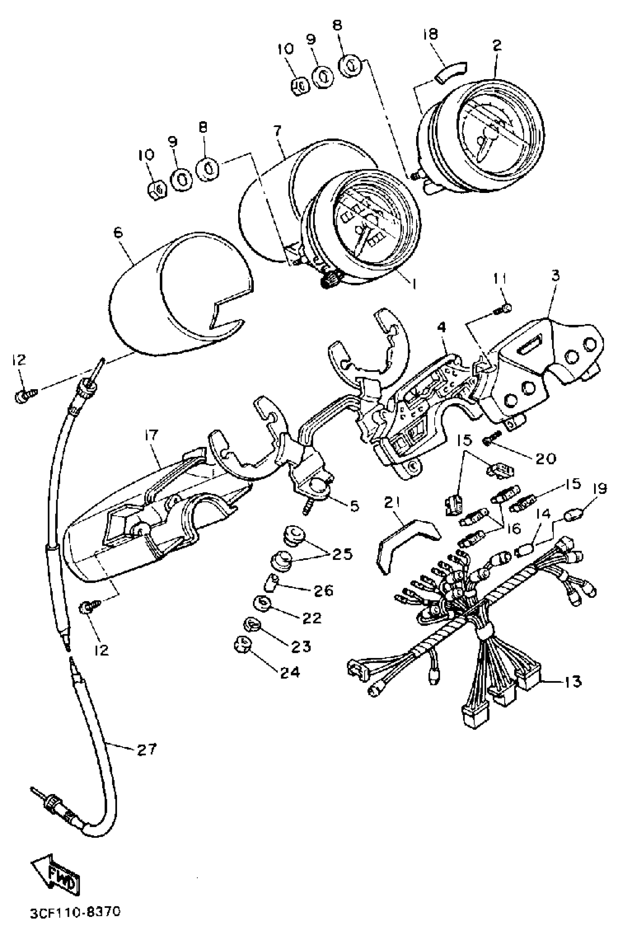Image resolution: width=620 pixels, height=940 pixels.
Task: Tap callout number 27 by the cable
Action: pos(147,749)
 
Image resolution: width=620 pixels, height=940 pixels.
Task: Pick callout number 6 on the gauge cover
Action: pos(118,232)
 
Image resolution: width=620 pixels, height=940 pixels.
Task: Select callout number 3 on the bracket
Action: pos(555,275)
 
